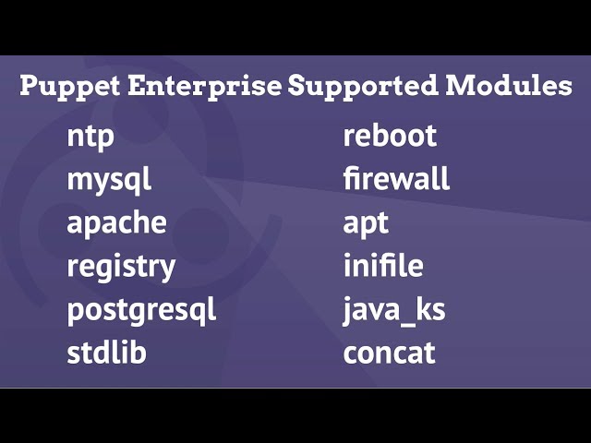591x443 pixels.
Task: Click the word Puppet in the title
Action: [x=70, y=88]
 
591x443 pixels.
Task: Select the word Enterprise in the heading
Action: [x=204, y=87]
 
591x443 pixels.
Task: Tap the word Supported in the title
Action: [x=364, y=88]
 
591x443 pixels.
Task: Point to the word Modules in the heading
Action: [x=509, y=87]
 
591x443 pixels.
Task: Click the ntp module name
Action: [x=90, y=138]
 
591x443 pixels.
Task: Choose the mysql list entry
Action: [x=109, y=181]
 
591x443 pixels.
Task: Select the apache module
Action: [x=116, y=223]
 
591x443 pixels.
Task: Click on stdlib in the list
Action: [x=106, y=353]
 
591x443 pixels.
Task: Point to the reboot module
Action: [x=390, y=137]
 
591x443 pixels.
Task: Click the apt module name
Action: [x=366, y=223]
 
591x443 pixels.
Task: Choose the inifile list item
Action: [x=383, y=266]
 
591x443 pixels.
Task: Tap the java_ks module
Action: [x=394, y=310]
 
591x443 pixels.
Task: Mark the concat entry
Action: [x=389, y=353]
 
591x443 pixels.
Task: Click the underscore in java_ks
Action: [x=404, y=320]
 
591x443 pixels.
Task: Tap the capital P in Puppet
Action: [x=30, y=87]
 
